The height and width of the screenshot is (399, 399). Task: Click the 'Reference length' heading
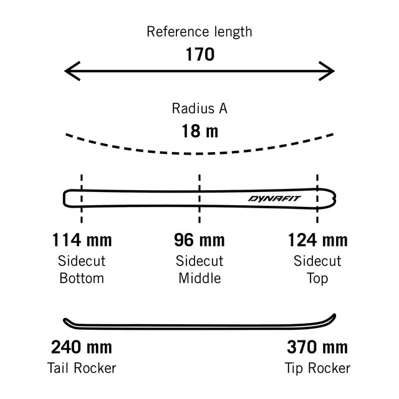(x=199, y=32)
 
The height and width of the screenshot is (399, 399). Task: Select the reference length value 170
(x=200, y=54)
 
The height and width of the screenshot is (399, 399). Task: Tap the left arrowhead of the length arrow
(x=72, y=71)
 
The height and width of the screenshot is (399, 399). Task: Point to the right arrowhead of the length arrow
(x=327, y=71)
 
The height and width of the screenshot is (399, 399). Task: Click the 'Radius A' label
(x=199, y=108)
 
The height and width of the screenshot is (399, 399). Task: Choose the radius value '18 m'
(x=200, y=131)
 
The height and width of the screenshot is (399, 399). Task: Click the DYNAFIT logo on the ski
(x=274, y=198)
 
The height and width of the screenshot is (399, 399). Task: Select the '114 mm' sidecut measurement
(x=82, y=240)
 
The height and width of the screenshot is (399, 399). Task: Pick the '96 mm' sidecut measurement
(x=199, y=240)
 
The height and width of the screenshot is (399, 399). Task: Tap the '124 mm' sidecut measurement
(x=317, y=240)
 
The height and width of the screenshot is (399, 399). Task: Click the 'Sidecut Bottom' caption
(x=82, y=269)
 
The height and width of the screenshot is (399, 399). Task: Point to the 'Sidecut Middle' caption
(x=199, y=269)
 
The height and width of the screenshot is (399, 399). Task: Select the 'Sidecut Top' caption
(x=317, y=269)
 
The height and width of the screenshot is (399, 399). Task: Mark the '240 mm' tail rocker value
(x=82, y=347)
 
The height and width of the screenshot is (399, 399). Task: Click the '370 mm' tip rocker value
(x=317, y=347)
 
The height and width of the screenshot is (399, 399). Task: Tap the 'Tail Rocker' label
(x=82, y=368)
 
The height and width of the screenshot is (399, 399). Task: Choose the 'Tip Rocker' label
(x=317, y=368)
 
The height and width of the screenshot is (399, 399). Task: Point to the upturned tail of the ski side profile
(x=66, y=320)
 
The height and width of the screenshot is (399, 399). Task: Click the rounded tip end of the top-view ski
(x=334, y=199)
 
